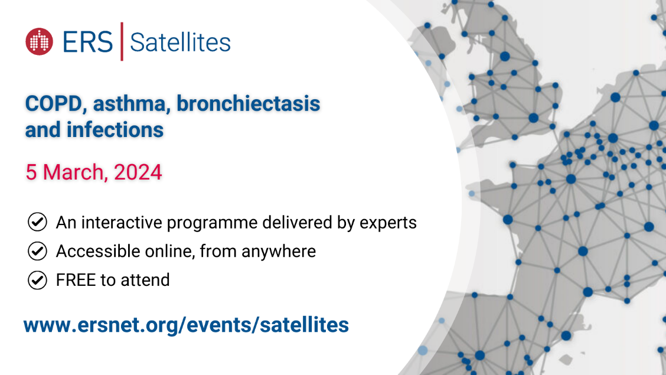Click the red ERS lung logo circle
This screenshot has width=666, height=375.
pos(39,41)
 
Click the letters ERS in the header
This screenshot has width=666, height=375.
pos(88,42)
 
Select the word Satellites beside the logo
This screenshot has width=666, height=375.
pos(180,43)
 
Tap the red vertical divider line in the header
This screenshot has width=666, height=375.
pos(122,41)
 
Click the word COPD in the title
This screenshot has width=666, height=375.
pos(53,103)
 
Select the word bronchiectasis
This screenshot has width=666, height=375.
pos(248,103)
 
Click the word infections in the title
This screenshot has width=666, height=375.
pos(115,130)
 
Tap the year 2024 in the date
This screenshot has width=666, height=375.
pos(138,172)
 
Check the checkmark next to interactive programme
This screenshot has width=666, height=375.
pos(37,221)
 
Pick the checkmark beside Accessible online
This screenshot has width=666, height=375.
pos(37,250)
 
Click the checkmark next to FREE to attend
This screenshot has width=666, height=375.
pos(37,280)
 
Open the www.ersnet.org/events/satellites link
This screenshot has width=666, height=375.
pos(186,325)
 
